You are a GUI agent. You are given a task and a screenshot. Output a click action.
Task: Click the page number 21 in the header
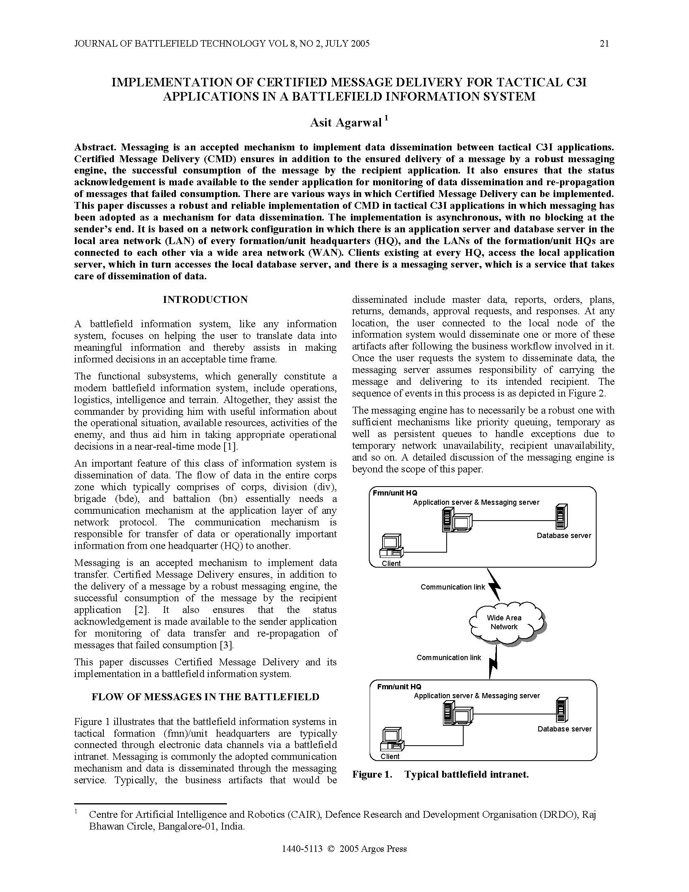click(x=604, y=44)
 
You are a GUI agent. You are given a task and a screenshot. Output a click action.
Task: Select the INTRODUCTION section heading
click(x=205, y=299)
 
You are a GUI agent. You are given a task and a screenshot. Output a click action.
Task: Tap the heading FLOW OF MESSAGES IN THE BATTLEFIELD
click(x=205, y=697)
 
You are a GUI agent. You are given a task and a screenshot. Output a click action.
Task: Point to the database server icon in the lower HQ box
click(x=562, y=711)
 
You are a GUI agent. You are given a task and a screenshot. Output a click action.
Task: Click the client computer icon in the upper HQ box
click(x=391, y=546)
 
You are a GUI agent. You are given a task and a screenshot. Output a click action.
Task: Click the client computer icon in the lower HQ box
click(x=391, y=739)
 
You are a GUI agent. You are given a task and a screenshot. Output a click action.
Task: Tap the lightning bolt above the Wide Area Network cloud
click(x=495, y=583)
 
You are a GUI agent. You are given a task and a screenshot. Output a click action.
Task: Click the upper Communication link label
click(x=453, y=587)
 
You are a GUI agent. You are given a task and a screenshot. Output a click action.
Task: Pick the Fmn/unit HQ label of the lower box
click(x=399, y=687)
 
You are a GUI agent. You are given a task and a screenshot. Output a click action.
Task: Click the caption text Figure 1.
click(x=372, y=774)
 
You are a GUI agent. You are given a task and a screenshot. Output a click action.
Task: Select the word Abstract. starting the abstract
click(x=96, y=147)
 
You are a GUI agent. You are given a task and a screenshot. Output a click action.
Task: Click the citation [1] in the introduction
click(x=230, y=446)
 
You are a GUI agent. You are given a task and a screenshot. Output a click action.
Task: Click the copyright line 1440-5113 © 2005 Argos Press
click(x=344, y=849)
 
